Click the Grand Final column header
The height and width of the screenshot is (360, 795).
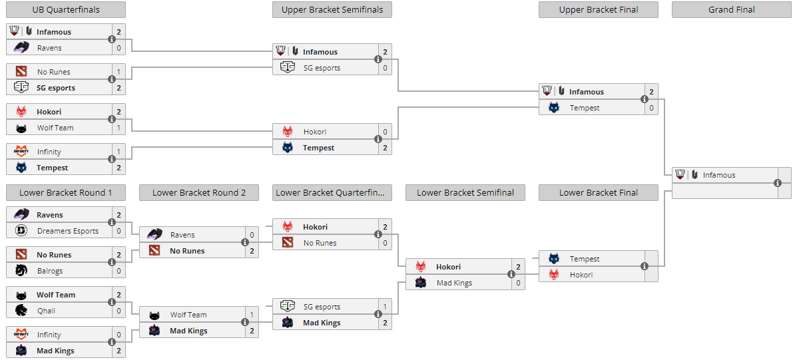pos(731,9)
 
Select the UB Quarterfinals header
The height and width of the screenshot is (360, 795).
pos(66,9)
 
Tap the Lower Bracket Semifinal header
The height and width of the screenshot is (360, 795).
pos(465,193)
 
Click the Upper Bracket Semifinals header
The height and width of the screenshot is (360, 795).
pos(332,9)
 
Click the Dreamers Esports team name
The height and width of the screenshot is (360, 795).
pos(68,231)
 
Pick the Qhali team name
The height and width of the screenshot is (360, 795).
pos(46,311)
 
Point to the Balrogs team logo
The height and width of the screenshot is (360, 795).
pos(21,271)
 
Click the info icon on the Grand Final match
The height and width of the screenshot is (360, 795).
pos(777,183)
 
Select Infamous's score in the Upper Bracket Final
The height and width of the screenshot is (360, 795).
pos(652,92)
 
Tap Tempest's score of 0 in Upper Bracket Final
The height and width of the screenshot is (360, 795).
pos(652,108)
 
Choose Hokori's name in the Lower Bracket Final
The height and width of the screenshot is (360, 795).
pos(581,275)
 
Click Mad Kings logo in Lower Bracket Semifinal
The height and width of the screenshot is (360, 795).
pos(421,283)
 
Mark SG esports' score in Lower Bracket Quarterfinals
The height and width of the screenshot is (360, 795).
pos(386,307)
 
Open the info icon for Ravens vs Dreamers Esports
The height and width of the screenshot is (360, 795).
pos(112,223)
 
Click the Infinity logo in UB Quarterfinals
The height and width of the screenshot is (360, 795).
pos(21,151)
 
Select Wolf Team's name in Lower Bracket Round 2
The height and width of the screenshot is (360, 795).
pos(188,315)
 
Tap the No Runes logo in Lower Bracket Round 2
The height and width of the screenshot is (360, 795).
pos(154,250)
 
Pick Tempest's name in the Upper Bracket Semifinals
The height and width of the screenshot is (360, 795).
pos(319,148)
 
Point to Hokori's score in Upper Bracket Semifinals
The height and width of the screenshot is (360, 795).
pos(386,132)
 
